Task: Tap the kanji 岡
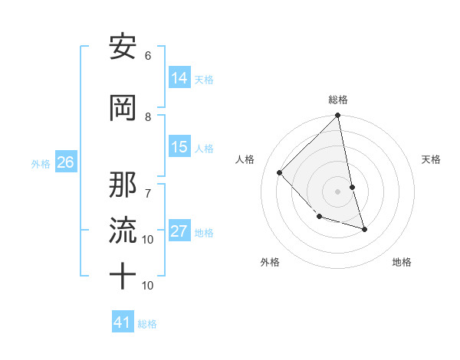coord(123,109)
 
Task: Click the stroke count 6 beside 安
coord(148,55)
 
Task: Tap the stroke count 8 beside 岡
coord(148,116)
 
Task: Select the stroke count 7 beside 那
coord(148,185)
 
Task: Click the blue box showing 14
coord(179,77)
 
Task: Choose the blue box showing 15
coord(179,146)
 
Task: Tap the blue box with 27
coord(179,231)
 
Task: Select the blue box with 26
coord(65,162)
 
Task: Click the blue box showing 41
coord(123,322)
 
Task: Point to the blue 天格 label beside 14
coord(204,79)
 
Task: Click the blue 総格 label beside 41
coord(147,324)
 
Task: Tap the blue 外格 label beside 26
coord(41,163)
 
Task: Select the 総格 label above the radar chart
coord(338,100)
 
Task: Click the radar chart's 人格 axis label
coord(245,159)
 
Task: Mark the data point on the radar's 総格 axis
coord(338,116)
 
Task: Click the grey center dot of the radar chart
coord(338,191)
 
